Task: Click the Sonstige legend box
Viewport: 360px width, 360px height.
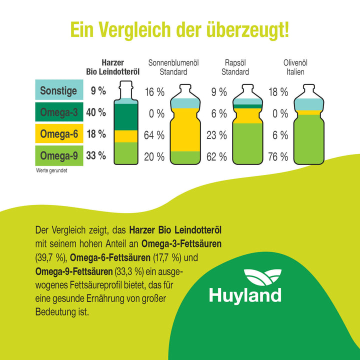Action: click(x=58, y=90)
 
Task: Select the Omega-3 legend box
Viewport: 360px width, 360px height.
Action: click(x=58, y=112)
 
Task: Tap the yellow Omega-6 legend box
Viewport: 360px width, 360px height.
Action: click(x=58, y=134)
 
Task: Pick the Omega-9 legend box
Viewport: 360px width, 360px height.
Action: click(x=58, y=155)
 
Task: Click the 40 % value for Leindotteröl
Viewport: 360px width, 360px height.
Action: click(x=96, y=112)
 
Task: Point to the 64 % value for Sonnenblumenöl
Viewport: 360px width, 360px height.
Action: click(x=154, y=135)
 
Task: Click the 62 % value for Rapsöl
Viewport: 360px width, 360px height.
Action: click(x=216, y=156)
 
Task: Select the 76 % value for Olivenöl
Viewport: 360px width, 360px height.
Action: click(x=278, y=156)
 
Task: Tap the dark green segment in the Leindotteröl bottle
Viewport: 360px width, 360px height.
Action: click(x=126, y=116)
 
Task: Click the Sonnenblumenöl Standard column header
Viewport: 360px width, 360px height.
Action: click(x=174, y=67)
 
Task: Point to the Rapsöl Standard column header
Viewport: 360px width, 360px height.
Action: click(x=235, y=67)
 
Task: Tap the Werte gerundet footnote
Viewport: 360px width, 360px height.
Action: click(x=51, y=170)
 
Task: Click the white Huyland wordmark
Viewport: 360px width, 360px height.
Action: click(x=245, y=294)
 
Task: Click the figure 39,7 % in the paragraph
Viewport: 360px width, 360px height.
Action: click(x=49, y=258)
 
